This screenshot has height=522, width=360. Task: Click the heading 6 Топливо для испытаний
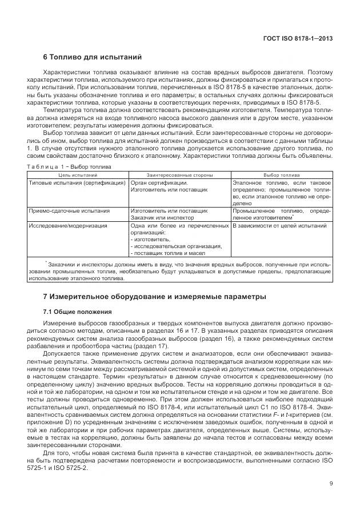click(x=92, y=57)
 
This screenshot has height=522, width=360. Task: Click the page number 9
click(x=331, y=484)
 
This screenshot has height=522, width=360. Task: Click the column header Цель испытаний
click(x=78, y=174)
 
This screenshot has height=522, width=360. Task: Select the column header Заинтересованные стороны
click(x=179, y=174)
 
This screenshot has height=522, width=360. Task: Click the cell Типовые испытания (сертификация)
click(x=77, y=183)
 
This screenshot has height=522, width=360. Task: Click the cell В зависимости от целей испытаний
click(x=280, y=226)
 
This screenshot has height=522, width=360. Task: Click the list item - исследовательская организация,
click(x=176, y=246)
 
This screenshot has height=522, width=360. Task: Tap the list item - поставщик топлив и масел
click(x=167, y=253)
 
